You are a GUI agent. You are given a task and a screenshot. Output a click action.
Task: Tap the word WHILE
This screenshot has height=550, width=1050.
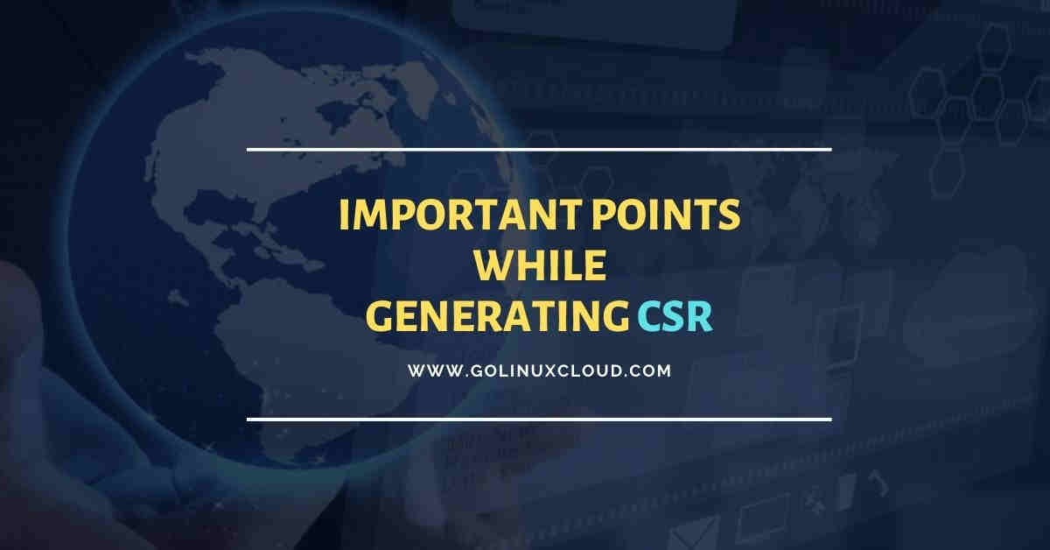click(x=539, y=266)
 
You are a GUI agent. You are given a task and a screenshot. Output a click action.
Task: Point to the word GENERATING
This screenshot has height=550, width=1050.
click(x=495, y=317)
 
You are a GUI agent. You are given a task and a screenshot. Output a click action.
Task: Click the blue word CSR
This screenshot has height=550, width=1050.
click(x=675, y=317)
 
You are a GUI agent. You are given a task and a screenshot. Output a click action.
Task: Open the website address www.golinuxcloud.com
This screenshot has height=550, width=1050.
click(x=539, y=370)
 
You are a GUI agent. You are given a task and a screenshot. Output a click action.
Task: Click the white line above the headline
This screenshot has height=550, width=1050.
click(x=539, y=150)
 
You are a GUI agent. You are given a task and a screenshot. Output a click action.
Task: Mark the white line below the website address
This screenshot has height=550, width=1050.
click(x=539, y=419)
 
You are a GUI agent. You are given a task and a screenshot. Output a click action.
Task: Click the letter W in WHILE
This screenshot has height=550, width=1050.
click(x=490, y=266)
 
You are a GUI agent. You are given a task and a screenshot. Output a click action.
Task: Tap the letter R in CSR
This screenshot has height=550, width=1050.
click(x=700, y=317)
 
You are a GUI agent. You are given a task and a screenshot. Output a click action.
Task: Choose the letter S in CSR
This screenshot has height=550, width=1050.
click(x=675, y=317)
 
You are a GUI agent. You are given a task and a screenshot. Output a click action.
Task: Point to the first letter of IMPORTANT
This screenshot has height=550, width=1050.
click(x=344, y=215)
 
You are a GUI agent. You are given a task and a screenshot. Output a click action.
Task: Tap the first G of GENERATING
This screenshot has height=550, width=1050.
click(x=377, y=317)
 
